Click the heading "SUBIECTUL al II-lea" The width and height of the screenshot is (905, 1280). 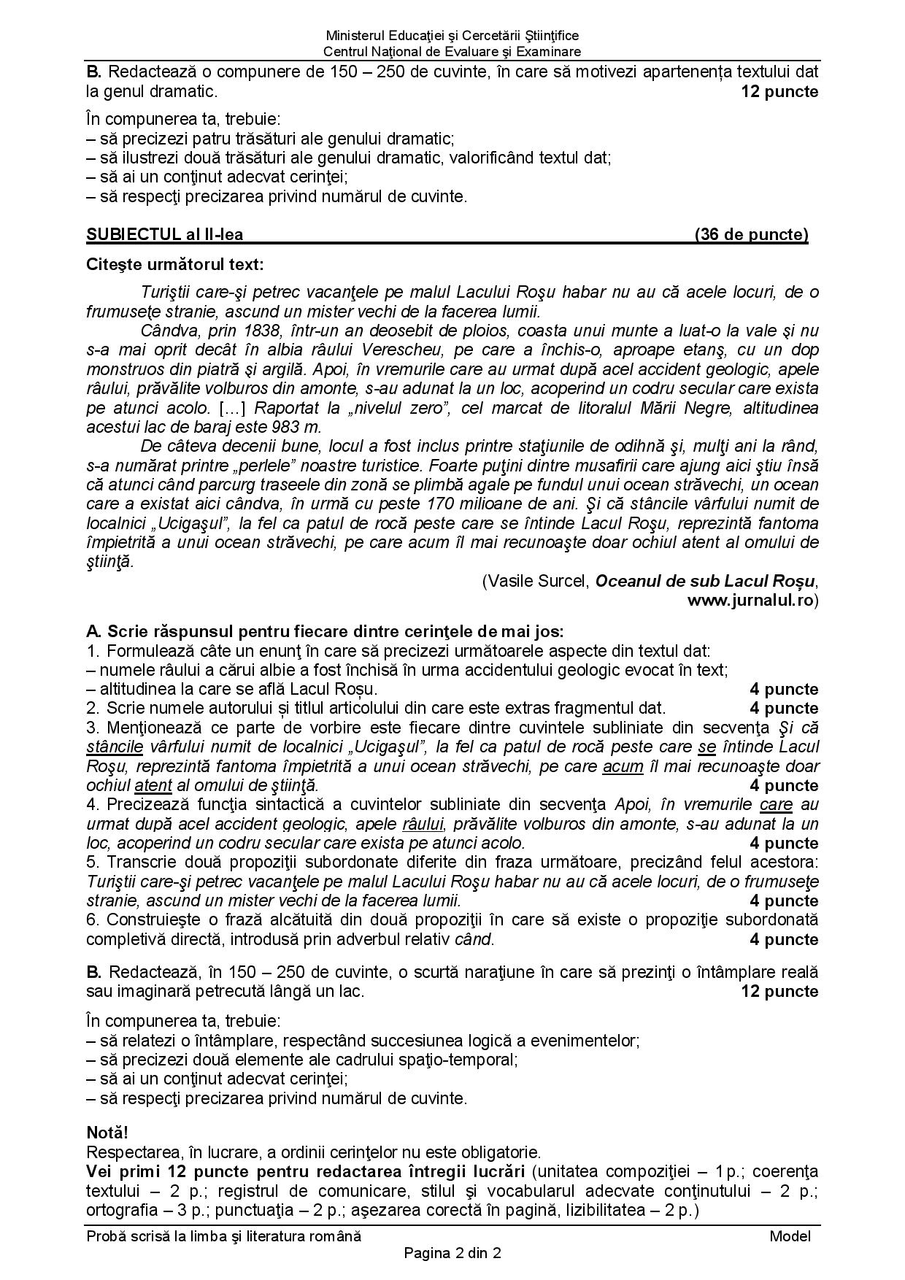tap(164, 234)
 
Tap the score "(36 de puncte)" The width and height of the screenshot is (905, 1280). tap(752, 234)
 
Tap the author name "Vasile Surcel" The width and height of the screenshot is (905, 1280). tap(539, 581)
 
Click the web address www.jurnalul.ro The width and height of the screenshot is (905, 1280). tap(752, 600)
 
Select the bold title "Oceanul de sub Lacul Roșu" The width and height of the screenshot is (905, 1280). tap(704, 581)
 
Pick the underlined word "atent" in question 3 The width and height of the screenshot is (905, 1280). tap(153, 785)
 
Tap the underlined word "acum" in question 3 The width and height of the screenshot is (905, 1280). tap(623, 766)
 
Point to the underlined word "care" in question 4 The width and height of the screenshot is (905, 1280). tap(776, 804)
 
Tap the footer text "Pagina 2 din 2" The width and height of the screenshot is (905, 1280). tap(452, 1254)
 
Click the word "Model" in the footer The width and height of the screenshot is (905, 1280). tap(790, 1235)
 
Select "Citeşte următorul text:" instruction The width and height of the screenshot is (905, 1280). tap(175, 263)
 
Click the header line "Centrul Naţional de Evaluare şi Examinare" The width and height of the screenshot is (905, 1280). tap(452, 52)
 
